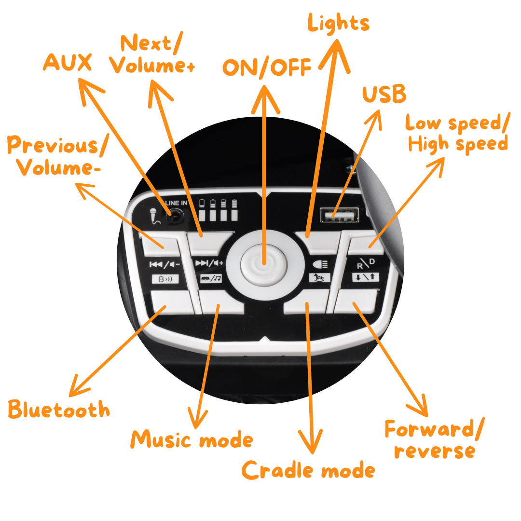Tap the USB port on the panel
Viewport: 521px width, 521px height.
[339, 214]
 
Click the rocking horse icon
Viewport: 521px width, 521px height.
[320, 277]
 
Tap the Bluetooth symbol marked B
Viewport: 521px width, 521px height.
[165, 278]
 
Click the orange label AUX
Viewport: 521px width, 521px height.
[68, 63]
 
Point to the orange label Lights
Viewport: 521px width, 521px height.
[339, 23]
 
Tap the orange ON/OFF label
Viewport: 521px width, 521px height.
[267, 68]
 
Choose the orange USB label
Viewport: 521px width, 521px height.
[384, 95]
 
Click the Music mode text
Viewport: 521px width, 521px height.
[192, 440]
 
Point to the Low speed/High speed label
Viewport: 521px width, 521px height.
[456, 133]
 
